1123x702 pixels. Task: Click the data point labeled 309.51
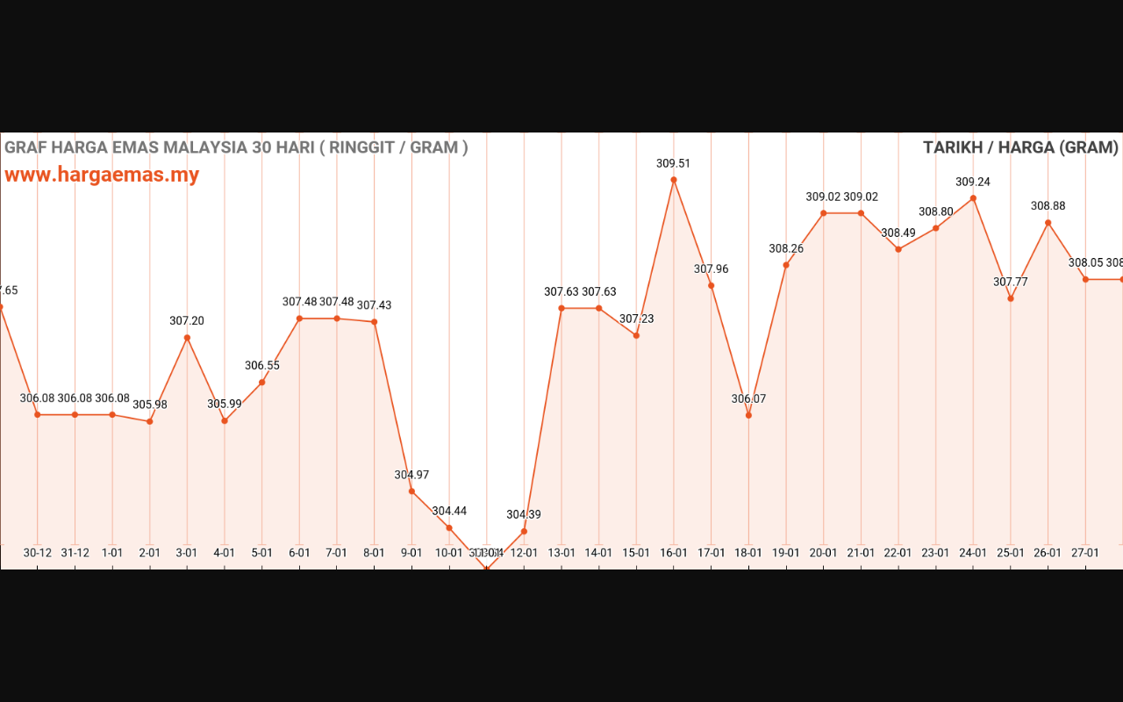pyautogui.click(x=674, y=180)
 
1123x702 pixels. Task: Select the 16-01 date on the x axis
pyautogui.click(x=674, y=553)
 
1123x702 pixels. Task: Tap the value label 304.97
pyautogui.click(x=411, y=475)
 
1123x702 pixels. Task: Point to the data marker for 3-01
pyautogui.click(x=187, y=338)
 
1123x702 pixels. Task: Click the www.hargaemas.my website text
pyautogui.click(x=102, y=175)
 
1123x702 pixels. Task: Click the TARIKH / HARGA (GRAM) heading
pyautogui.click(x=1020, y=147)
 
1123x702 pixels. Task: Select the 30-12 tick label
pyautogui.click(x=38, y=553)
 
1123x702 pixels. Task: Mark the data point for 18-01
pyautogui.click(x=748, y=415)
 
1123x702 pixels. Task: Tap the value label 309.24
pyautogui.click(x=973, y=182)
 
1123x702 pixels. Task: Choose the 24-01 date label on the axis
pyautogui.click(x=973, y=553)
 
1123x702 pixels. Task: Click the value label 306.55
pyautogui.click(x=261, y=365)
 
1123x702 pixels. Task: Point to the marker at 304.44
pyautogui.click(x=449, y=527)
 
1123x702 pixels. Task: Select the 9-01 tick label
pyautogui.click(x=411, y=553)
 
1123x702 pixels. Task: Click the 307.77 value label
pyautogui.click(x=1011, y=282)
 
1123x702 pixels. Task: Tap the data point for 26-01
pyautogui.click(x=1048, y=223)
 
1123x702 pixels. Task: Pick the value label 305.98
pyautogui.click(x=150, y=405)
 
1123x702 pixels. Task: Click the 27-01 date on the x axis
pyautogui.click(x=1085, y=553)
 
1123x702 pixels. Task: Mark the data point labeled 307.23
pyautogui.click(x=636, y=335)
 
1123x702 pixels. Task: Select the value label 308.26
pyautogui.click(x=786, y=248)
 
